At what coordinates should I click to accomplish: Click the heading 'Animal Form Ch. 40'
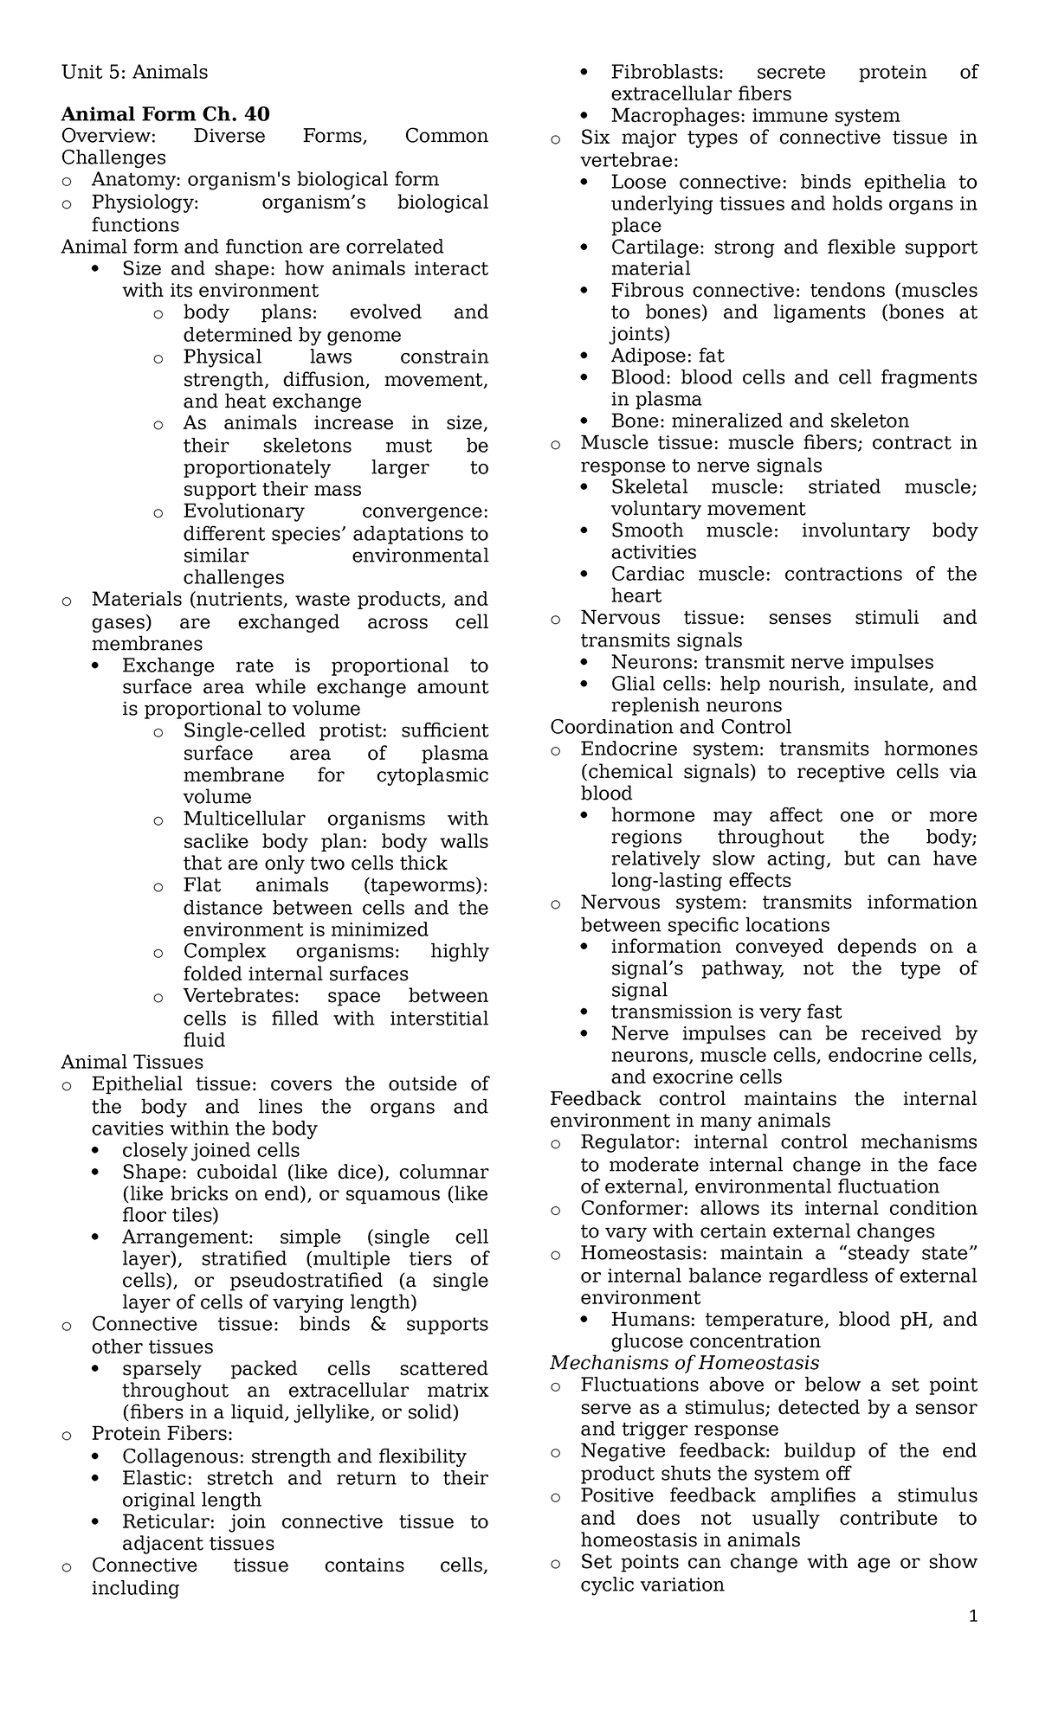(165, 114)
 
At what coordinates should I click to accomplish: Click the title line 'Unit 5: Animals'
(134, 72)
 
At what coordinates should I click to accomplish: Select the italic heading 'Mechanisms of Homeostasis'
(685, 1363)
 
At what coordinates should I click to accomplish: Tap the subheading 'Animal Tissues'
(132, 1062)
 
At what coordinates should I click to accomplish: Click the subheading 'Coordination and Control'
(670, 727)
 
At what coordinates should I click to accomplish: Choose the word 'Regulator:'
(631, 1142)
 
